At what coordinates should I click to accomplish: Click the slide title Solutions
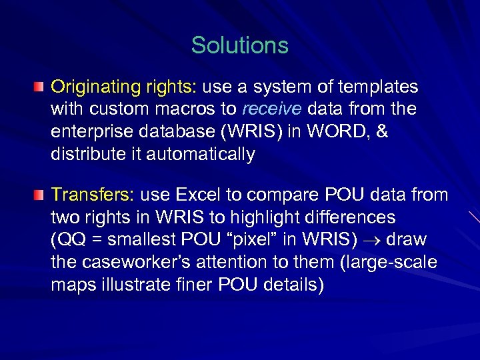coord(239,45)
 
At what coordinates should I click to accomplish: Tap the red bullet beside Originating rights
coord(41,87)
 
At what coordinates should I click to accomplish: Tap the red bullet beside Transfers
coord(41,195)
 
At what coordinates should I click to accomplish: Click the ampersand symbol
coord(381,132)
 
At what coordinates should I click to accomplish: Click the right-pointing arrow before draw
coord(378,241)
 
